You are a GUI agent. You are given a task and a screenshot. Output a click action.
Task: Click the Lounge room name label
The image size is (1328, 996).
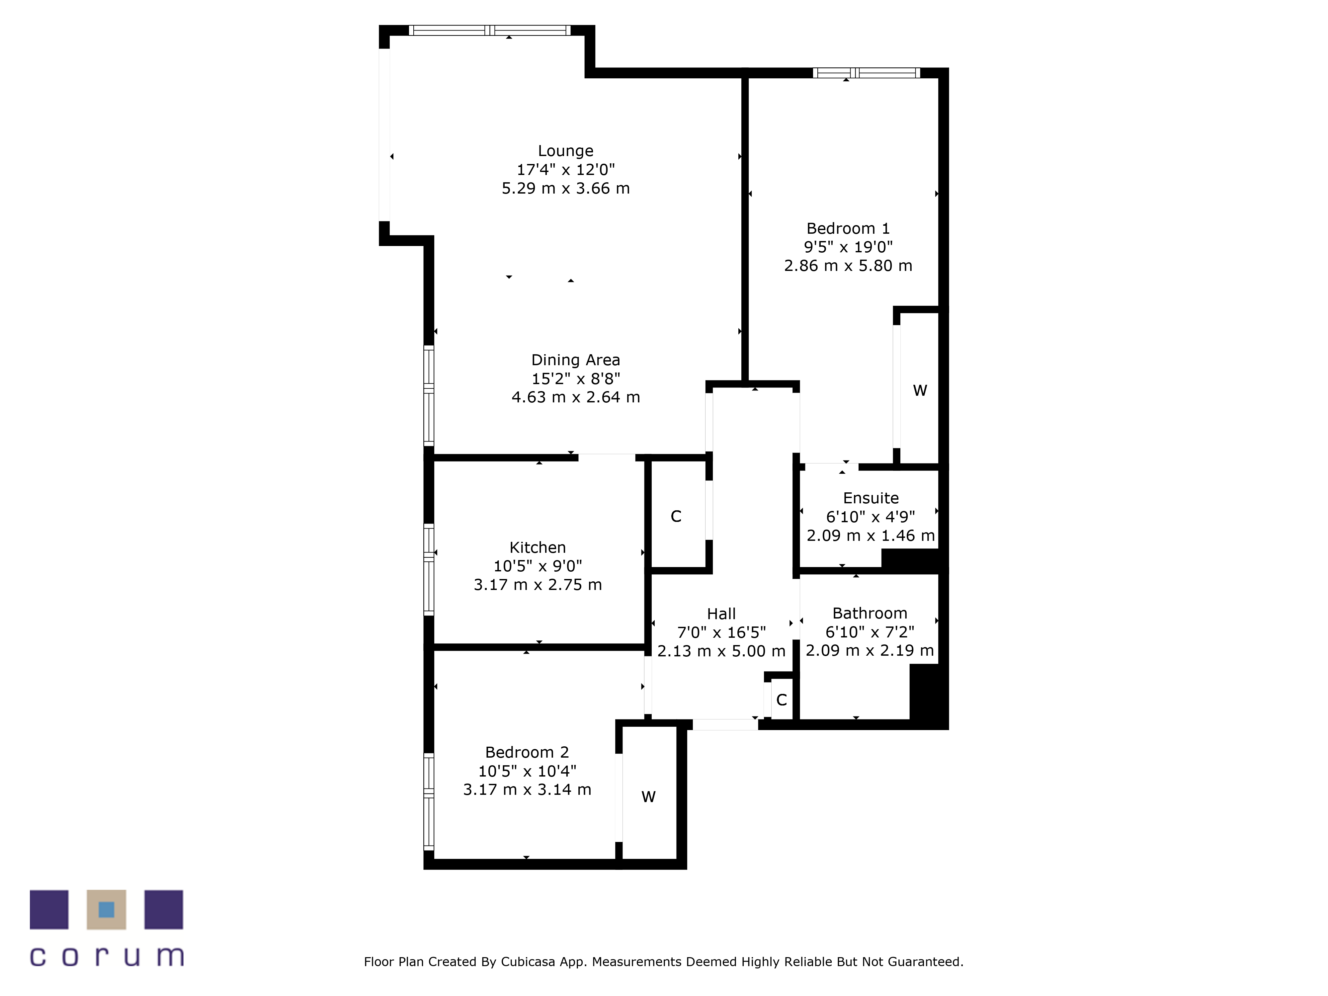point(565,151)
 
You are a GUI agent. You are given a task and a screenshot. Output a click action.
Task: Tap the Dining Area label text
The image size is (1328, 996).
point(575,360)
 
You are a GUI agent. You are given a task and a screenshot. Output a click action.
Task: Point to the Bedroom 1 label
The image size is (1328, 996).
point(847,228)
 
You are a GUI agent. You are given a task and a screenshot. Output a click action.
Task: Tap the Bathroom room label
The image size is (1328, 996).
point(869,613)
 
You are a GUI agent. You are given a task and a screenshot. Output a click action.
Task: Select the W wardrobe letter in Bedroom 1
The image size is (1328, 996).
point(919,390)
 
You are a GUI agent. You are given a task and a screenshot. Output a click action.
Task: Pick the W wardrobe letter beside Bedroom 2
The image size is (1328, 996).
point(648,797)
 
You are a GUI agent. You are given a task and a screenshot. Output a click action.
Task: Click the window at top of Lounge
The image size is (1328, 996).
point(489,30)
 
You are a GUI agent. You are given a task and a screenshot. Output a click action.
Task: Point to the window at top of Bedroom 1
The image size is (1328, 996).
point(866,73)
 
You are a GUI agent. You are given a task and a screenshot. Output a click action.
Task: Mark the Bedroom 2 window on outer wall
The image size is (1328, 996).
point(429,801)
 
